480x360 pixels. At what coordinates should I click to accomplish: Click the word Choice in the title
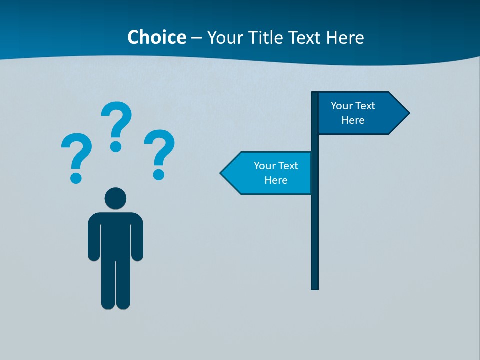[156, 37]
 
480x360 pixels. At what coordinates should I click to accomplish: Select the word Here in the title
[345, 37]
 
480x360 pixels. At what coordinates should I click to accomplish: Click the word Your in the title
[224, 37]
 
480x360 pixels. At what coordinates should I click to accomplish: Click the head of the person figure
[115, 198]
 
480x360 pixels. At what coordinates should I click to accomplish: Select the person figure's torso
[115, 235]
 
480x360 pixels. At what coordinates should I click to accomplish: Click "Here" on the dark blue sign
[353, 120]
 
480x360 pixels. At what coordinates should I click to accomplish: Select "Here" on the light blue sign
[276, 180]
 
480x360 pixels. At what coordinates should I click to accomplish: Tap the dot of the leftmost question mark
[76, 177]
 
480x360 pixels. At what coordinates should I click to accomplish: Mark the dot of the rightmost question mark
[159, 174]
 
